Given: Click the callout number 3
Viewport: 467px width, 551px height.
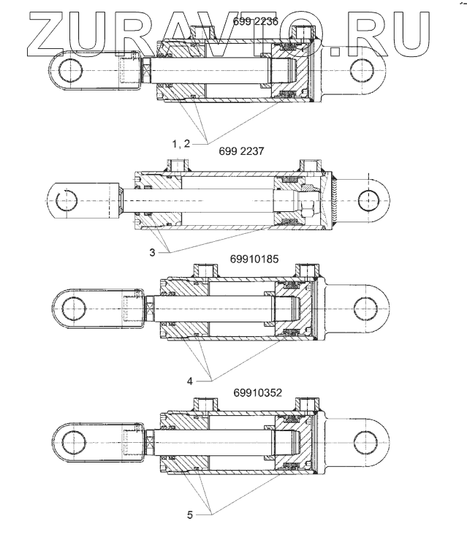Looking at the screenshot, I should coord(151,252).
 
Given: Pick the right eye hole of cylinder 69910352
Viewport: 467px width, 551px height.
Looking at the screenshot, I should coord(364,441).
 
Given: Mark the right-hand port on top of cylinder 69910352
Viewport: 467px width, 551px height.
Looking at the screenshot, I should coord(307,403).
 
